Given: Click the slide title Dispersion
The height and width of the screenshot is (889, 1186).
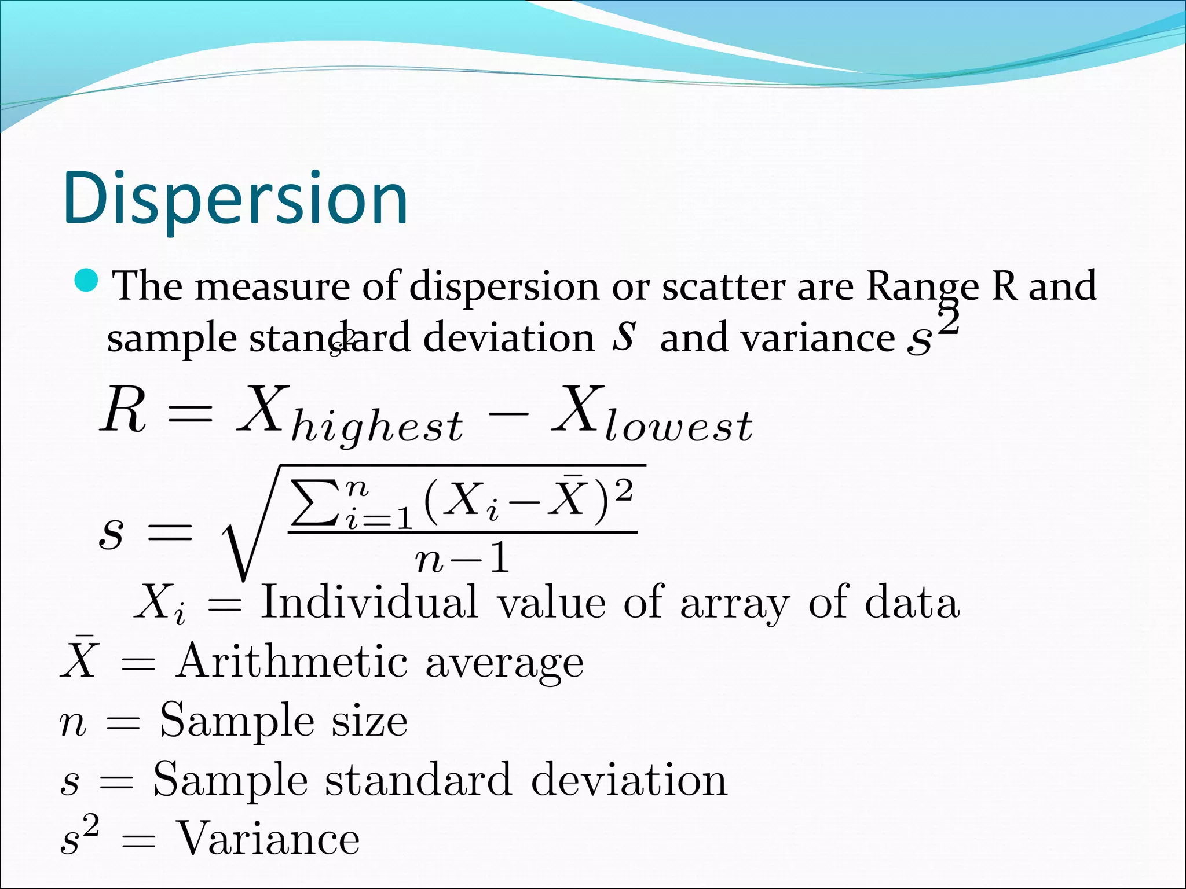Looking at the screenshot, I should click(x=235, y=198).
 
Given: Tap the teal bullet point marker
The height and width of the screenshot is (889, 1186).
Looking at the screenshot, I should click(x=87, y=281).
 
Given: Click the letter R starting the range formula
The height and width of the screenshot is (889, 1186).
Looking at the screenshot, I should click(x=123, y=411).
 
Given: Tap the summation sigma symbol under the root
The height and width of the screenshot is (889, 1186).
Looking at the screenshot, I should click(x=313, y=502).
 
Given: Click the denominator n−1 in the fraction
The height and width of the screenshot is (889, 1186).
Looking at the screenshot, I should click(x=462, y=559).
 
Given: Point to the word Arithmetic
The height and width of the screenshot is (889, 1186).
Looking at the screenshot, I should click(x=292, y=662).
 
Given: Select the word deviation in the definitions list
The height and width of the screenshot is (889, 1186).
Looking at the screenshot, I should click(x=628, y=780).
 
